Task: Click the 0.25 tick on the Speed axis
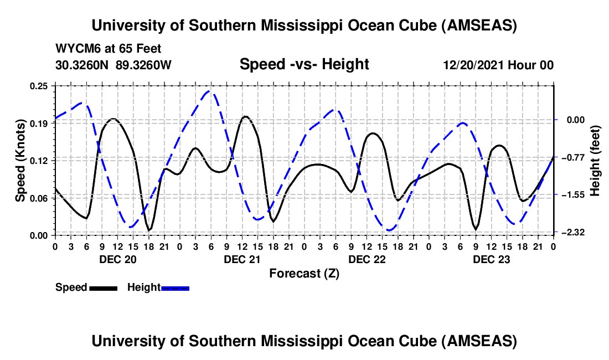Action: [39, 86]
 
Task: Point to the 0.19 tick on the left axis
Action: [39, 123]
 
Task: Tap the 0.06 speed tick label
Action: [39, 198]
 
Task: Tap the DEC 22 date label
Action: [367, 259]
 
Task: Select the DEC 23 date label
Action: [491, 259]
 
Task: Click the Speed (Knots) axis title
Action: [20, 160]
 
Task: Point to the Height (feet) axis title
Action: [595, 160]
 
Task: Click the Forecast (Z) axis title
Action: [304, 273]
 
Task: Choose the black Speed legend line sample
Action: [103, 288]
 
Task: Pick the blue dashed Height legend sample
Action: [176, 288]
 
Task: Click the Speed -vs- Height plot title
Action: [304, 64]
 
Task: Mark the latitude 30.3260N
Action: [83, 65]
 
